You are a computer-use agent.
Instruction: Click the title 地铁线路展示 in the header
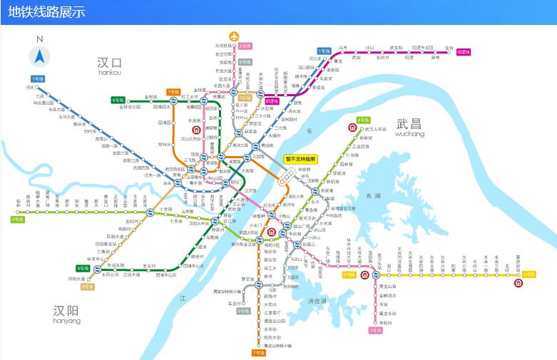(x=47, y=12)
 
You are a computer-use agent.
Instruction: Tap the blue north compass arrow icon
(x=39, y=56)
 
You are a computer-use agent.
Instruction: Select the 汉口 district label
(x=111, y=64)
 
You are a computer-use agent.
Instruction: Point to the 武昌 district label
(x=409, y=125)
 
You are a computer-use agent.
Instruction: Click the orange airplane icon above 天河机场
(x=234, y=36)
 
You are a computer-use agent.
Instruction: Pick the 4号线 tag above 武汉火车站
(x=363, y=120)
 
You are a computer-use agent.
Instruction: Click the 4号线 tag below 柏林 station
(x=18, y=219)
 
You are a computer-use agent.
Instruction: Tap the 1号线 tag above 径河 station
(x=37, y=78)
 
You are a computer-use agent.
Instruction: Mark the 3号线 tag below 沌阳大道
(x=87, y=287)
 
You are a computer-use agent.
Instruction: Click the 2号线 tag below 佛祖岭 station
(x=375, y=330)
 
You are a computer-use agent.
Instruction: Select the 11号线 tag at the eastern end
(x=528, y=274)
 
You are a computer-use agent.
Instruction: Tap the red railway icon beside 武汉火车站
(x=352, y=128)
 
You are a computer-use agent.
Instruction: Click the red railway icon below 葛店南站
(x=518, y=283)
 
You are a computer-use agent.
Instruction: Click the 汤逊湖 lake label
(x=317, y=302)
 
